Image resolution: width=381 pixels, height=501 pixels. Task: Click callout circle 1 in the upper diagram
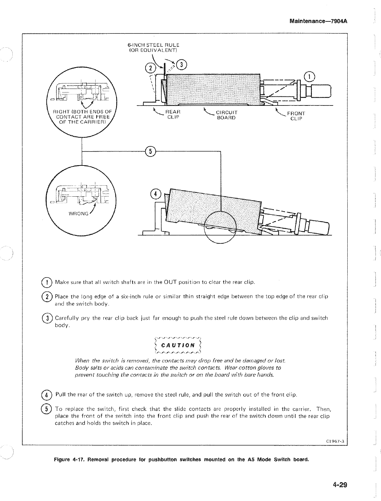[310, 76]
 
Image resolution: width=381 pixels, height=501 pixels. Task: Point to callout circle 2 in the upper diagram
[150, 68]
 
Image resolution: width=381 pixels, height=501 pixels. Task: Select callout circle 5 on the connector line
[151, 151]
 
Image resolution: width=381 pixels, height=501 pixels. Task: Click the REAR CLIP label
[173, 114]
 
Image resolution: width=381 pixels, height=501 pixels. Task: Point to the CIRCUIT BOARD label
[226, 115]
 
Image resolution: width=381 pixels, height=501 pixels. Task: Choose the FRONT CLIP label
[296, 116]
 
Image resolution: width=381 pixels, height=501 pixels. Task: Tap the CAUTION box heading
[179, 345]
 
